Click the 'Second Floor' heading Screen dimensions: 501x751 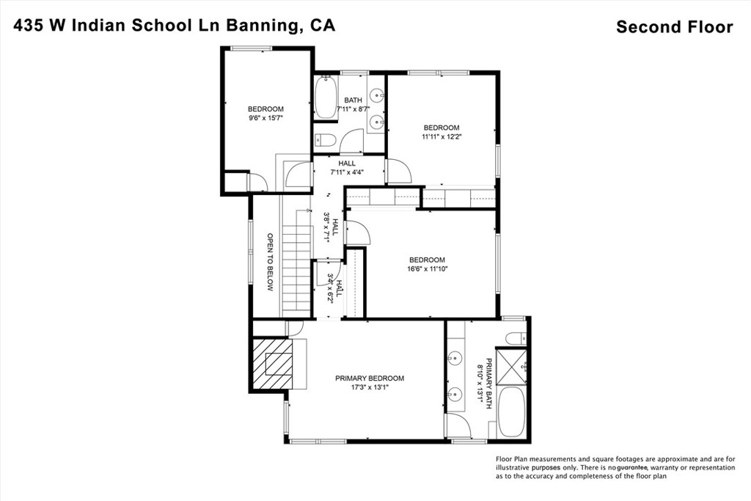click(674, 27)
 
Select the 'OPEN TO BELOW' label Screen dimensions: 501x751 click(270, 263)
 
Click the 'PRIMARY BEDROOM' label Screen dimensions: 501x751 click(370, 379)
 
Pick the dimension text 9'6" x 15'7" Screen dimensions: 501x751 click(265, 117)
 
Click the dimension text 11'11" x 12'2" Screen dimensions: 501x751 click(442, 136)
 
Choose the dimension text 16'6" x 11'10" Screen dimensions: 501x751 click(428, 269)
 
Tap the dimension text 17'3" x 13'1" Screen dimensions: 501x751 click(370, 388)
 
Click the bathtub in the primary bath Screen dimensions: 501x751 click(511, 412)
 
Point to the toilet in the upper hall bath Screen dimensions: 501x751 click(325, 140)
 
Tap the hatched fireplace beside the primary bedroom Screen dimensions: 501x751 click(277, 364)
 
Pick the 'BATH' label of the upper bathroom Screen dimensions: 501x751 click(353, 100)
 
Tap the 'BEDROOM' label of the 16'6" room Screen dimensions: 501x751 click(427, 260)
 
